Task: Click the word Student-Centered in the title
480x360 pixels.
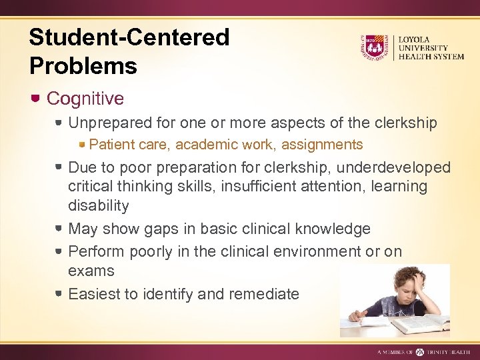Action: [x=129, y=37]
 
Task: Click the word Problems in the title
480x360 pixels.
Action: [x=83, y=66]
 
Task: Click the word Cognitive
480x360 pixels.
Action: [x=85, y=99]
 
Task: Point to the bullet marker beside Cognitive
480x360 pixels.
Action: [x=37, y=98]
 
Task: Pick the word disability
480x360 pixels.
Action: [x=99, y=205]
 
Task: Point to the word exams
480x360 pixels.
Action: [x=91, y=271]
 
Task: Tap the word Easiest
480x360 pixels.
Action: [x=96, y=293]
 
